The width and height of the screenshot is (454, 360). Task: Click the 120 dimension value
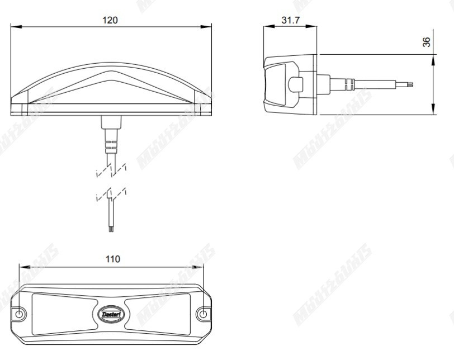click(110, 20)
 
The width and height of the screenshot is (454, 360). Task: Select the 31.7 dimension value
click(290, 20)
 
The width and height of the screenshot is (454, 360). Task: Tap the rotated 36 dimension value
click(427, 42)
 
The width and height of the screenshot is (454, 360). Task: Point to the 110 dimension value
click(113, 259)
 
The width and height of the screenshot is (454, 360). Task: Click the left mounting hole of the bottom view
click(20, 314)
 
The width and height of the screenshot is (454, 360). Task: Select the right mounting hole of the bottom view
click(204, 314)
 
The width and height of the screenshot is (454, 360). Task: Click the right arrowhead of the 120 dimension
click(209, 26)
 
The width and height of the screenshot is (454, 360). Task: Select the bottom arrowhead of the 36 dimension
click(433, 111)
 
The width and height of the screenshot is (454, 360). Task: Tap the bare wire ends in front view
click(111, 226)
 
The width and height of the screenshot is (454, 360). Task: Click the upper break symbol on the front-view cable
click(112, 169)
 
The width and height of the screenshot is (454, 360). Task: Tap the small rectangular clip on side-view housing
click(296, 84)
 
